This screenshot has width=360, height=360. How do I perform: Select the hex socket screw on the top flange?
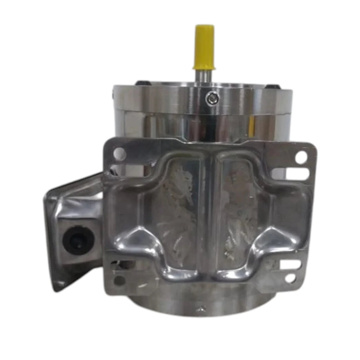pos(211,96)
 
